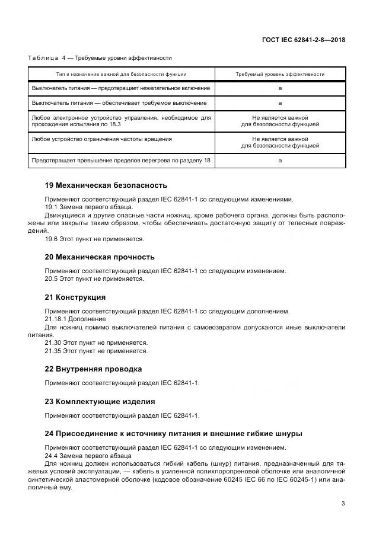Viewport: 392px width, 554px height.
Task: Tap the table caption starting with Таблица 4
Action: coord(100,57)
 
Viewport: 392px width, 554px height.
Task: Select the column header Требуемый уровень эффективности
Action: coord(279,75)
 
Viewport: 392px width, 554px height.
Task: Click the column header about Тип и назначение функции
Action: coord(121,75)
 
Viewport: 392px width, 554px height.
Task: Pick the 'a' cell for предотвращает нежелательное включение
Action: coord(279,88)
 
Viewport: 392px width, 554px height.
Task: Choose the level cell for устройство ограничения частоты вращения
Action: coord(279,142)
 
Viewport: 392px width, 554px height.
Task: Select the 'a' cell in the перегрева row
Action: coord(279,160)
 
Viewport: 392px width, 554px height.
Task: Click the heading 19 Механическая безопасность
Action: coord(106,185)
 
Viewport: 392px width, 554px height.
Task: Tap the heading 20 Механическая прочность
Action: coord(100,257)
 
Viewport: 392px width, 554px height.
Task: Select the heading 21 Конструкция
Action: coord(75,297)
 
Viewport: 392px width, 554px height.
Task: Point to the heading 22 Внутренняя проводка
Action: coord(93,369)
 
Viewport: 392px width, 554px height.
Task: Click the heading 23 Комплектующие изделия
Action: coord(100,401)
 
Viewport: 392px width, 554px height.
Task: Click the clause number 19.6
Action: coord(52,239)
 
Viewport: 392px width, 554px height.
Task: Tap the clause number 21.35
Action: coord(54,351)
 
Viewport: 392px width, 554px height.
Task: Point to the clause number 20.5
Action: coord(52,278)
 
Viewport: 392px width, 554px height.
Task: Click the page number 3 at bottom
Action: coord(343,504)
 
